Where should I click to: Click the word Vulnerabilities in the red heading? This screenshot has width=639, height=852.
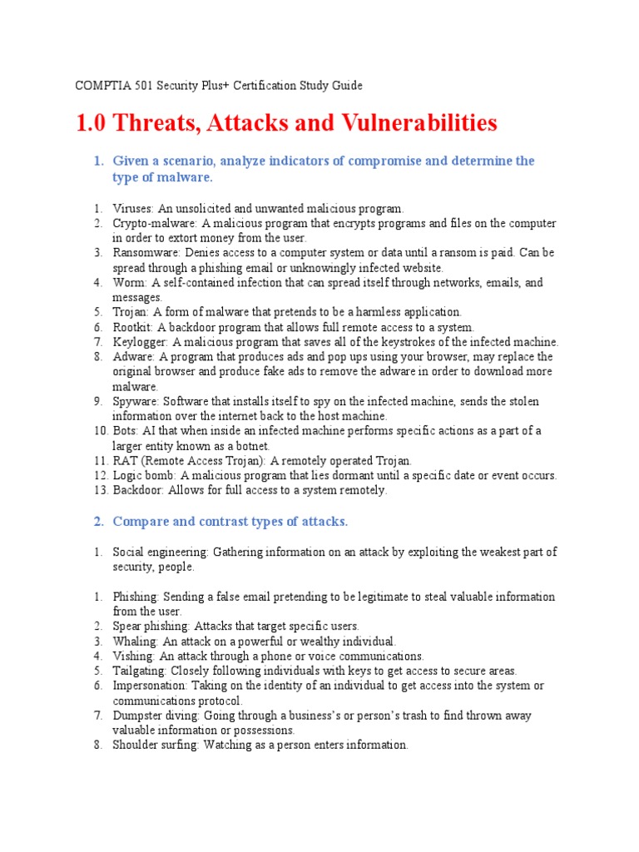(x=419, y=123)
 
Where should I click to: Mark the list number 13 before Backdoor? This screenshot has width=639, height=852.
(x=98, y=490)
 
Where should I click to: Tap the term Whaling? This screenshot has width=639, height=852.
(x=135, y=641)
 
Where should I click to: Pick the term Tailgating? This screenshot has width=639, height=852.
(x=139, y=671)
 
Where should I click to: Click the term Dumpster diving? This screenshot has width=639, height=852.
(x=156, y=716)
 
